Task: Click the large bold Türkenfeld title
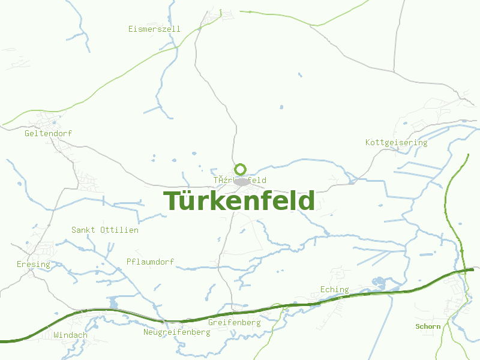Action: (239, 201)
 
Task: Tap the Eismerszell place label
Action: (154, 29)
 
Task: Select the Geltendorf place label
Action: (48, 133)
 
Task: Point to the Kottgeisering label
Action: (396, 142)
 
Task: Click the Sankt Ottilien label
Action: (105, 230)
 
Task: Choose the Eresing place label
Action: (34, 264)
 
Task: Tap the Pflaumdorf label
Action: (151, 262)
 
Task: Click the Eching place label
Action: (334, 289)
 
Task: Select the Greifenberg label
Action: (234, 322)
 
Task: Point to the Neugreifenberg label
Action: (176, 332)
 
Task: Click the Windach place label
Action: (70, 335)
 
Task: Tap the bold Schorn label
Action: (428, 326)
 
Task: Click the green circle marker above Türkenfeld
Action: (241, 169)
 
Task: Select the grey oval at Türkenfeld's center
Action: (242, 181)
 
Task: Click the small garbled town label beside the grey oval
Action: (225, 180)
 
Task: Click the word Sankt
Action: (83, 230)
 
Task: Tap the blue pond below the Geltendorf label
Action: (55, 142)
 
